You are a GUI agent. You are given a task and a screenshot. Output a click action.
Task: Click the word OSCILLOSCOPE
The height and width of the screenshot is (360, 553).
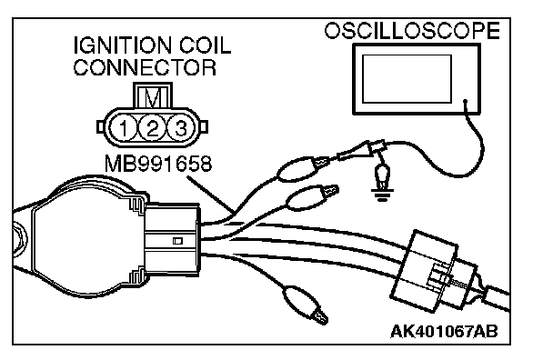point(412,31)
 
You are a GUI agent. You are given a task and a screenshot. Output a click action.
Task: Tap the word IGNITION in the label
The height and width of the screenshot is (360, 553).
point(123,45)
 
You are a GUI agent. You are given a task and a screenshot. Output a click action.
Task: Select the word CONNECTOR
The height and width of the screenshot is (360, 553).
point(145,67)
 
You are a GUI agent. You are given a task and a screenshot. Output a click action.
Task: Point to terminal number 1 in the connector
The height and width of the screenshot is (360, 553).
point(123,128)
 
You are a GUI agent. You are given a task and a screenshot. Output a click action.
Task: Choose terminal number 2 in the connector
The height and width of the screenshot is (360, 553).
point(152,128)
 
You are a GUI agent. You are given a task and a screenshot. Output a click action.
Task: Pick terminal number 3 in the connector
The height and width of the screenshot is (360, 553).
point(181,128)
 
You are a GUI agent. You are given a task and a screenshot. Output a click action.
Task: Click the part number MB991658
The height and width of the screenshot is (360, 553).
point(158,164)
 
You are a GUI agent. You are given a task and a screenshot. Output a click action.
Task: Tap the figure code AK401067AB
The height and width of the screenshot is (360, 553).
point(445,332)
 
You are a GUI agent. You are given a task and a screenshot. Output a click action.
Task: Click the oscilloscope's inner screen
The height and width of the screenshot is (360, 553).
point(407,78)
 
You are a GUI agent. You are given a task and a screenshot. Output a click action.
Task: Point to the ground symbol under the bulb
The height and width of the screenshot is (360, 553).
point(382,195)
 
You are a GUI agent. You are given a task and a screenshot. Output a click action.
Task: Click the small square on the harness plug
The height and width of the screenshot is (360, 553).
point(177,241)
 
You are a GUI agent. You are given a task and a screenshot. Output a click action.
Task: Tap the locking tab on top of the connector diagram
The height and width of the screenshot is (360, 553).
point(153,95)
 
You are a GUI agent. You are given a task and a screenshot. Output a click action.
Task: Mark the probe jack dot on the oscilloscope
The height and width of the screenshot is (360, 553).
point(465,101)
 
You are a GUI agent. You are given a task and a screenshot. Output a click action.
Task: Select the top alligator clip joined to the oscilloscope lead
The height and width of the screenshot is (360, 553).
point(303,168)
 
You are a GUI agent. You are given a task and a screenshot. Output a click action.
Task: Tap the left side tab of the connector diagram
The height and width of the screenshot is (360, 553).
point(101,127)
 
